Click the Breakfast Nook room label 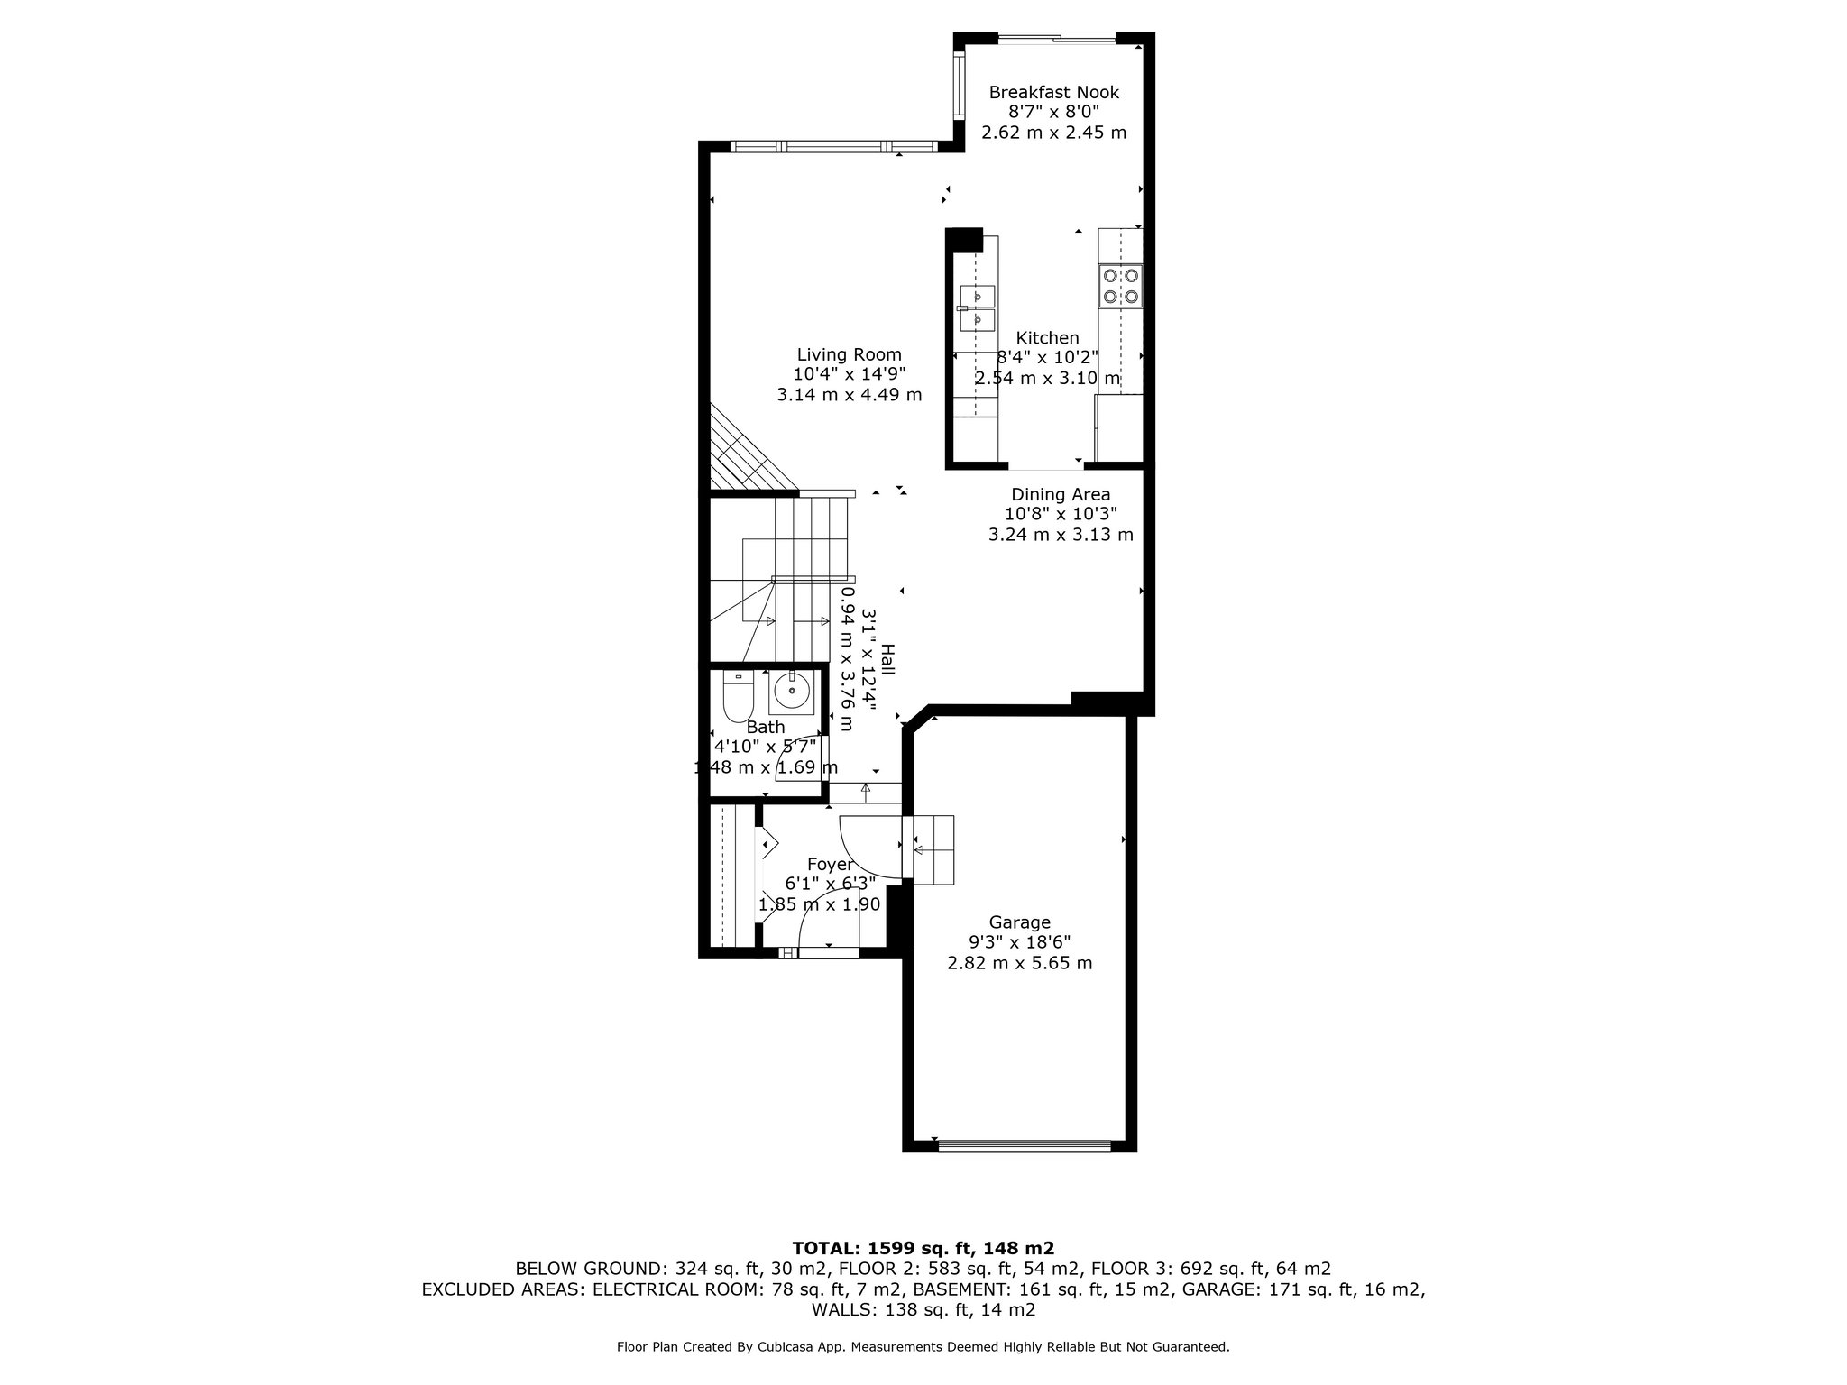1053,92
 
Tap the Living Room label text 849,355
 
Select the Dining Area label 1061,494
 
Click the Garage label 1019,922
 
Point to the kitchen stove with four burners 1120,286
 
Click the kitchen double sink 978,307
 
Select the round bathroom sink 792,692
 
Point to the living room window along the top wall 834,146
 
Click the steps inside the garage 933,849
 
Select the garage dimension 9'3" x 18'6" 1019,942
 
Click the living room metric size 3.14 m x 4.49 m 849,395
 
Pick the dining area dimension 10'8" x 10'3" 1061,514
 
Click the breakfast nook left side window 960,85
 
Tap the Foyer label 830,865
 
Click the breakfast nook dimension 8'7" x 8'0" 1053,112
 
